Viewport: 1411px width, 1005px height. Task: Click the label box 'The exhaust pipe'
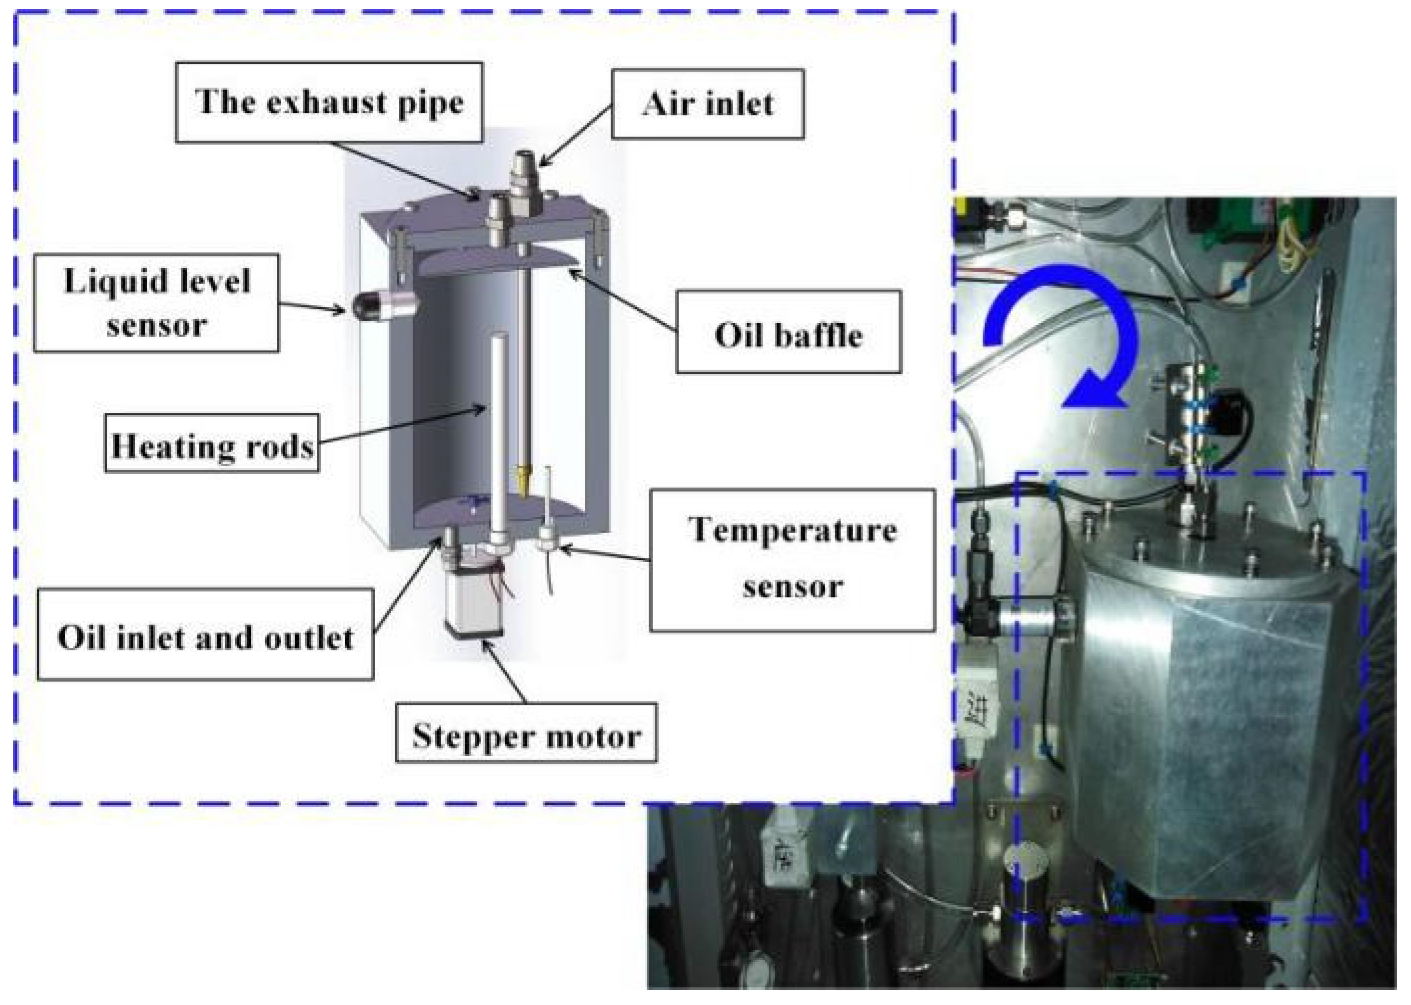pos(329,102)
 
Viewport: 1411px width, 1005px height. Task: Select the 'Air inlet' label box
pos(707,103)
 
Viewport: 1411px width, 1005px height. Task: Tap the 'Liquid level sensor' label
pos(156,302)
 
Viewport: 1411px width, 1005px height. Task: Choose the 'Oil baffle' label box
pos(788,332)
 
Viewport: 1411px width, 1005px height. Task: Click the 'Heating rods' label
pos(212,443)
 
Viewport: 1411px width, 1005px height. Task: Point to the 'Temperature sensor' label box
pos(792,561)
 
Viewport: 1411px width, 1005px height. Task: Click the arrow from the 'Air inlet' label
pos(576,136)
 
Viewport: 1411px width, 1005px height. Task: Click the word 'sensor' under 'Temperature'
pos(792,585)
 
